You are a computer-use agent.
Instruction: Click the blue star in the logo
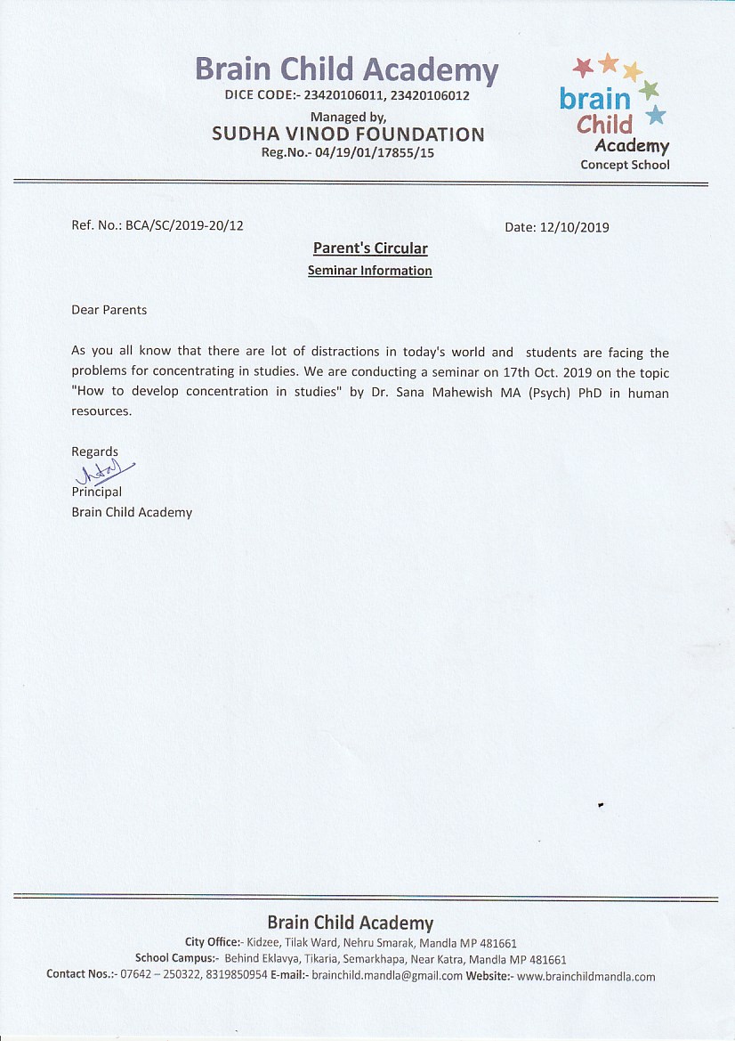[656, 114]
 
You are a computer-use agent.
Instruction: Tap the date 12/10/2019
[575, 227]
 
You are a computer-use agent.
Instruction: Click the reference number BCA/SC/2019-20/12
[184, 225]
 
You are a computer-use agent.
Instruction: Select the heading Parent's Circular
[370, 248]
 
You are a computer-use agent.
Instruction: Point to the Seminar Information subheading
[370, 271]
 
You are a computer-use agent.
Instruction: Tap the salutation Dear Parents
[109, 310]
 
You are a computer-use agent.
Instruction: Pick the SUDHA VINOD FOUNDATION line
[348, 134]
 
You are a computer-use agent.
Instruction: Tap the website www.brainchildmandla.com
[586, 976]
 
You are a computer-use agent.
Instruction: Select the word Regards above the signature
[94, 451]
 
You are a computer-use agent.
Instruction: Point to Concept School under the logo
[625, 165]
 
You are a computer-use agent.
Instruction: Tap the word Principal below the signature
[97, 492]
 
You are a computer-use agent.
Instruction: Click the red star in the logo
[583, 67]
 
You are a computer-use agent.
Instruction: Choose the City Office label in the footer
[212, 942]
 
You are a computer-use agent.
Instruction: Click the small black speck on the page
[601, 804]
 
